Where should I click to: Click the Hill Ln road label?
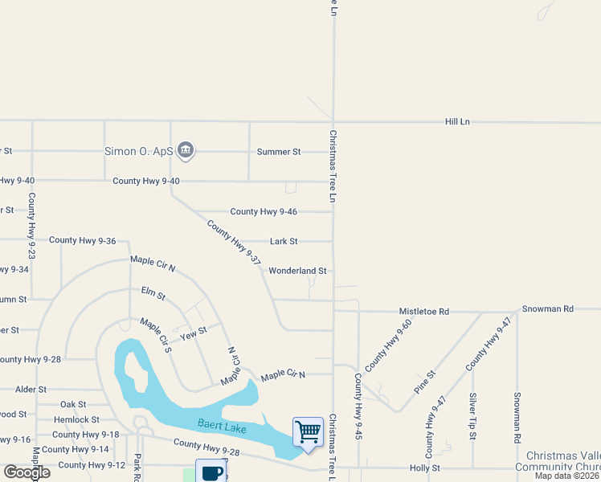point(457,121)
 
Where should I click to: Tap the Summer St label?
point(278,151)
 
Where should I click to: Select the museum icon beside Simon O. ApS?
point(186,150)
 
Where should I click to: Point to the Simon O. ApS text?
point(140,151)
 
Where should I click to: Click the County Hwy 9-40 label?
point(145,181)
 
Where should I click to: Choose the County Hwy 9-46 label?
point(264,211)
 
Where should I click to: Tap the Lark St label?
point(284,241)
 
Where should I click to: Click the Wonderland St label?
point(297,271)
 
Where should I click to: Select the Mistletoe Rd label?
point(424,311)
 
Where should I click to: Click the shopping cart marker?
point(308,432)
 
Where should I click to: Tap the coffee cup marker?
point(211,472)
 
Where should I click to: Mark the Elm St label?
point(153,295)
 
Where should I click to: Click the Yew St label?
point(193,333)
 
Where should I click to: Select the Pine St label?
point(424,381)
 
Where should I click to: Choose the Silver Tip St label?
point(473,416)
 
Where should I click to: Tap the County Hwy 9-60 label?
point(388,345)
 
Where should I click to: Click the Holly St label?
point(425,467)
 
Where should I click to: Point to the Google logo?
point(27,472)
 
